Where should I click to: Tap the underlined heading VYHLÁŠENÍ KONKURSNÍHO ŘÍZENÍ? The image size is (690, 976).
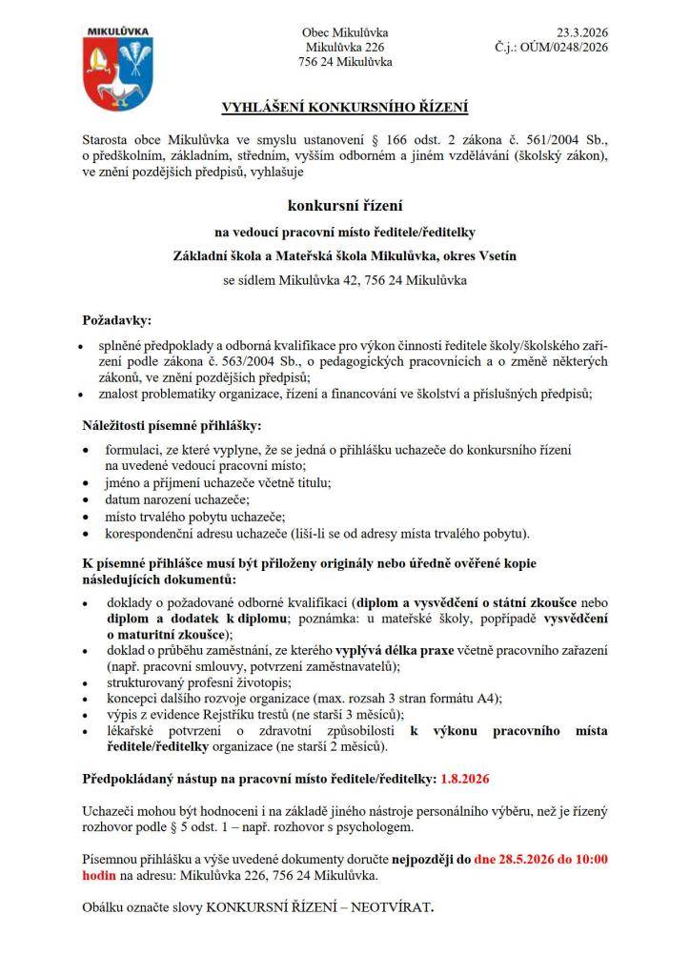[x=345, y=108]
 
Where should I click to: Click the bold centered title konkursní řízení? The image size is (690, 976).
[x=345, y=205]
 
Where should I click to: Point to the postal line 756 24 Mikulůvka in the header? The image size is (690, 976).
[x=345, y=62]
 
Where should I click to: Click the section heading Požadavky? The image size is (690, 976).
[x=116, y=321]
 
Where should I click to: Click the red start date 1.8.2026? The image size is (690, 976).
[x=465, y=778]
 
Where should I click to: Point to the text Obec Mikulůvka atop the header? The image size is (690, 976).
[x=345, y=31]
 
